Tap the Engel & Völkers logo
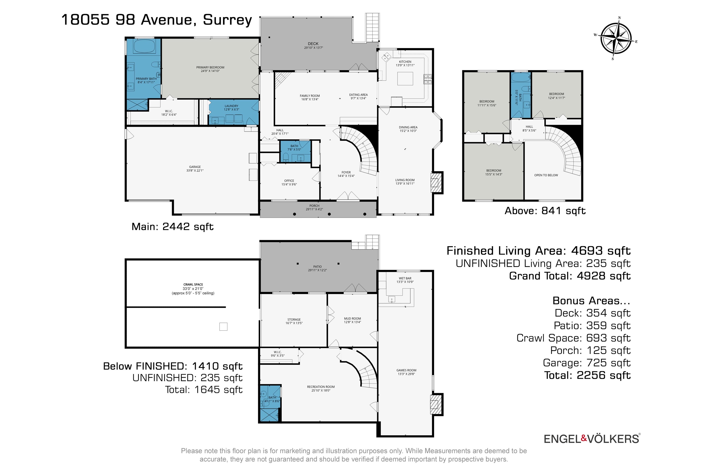pyautogui.click(x=592, y=439)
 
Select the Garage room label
pyautogui.click(x=195, y=169)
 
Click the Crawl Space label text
pyautogui.click(x=193, y=289)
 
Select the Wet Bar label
pyautogui.click(x=405, y=280)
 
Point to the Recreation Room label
pyautogui.click(x=321, y=389)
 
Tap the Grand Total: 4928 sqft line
pyautogui.click(x=569, y=276)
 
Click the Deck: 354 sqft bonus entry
pyautogui.click(x=593, y=313)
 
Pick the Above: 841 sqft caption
pyautogui.click(x=545, y=211)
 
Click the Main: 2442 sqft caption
pyautogui.click(x=172, y=227)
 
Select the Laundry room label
pyautogui.click(x=231, y=108)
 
